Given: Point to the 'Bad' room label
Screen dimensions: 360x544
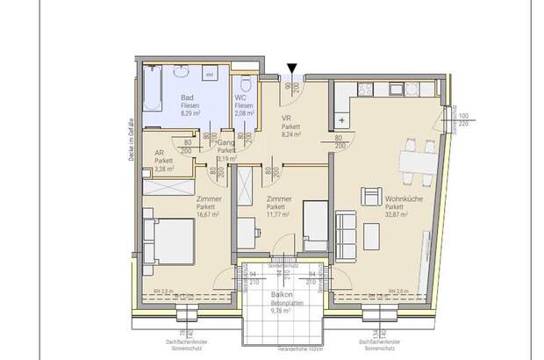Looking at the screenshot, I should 187,98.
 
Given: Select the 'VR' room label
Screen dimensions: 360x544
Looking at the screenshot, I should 285,119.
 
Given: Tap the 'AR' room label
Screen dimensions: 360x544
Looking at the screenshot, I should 159,153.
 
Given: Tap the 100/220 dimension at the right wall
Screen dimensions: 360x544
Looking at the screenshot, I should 463,121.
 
